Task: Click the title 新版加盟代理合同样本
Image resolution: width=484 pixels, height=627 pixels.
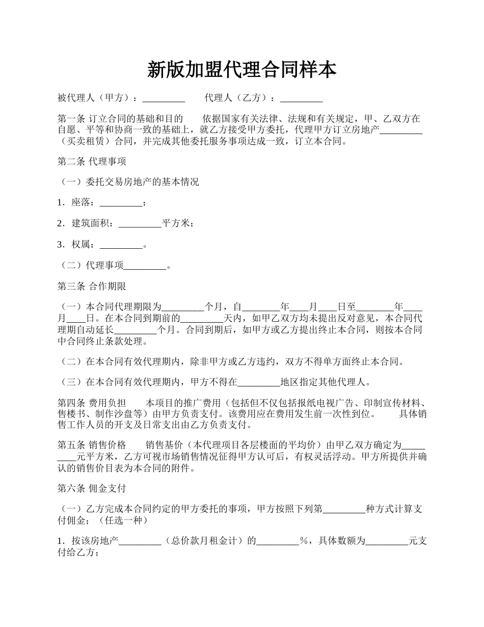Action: pyautogui.click(x=241, y=70)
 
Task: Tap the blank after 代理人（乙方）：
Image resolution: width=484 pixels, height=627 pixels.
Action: pyautogui.click(x=301, y=98)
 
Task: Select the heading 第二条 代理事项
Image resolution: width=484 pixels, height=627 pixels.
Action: pyautogui.click(x=92, y=162)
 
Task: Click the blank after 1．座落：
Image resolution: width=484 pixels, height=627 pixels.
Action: pyautogui.click(x=121, y=203)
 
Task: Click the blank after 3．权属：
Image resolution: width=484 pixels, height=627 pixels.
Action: pyautogui.click(x=121, y=245)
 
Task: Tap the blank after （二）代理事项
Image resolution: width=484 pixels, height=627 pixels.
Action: pyautogui.click(x=145, y=266)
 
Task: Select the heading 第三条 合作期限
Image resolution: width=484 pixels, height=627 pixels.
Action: pyautogui.click(x=92, y=286)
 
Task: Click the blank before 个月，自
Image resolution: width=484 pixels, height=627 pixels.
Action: pyautogui.click(x=182, y=307)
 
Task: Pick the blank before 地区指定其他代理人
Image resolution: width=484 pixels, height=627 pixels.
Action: pyautogui.click(x=259, y=381)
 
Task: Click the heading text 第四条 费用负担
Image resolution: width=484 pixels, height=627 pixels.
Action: pyautogui.click(x=92, y=403)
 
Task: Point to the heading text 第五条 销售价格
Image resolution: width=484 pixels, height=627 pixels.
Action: pyautogui.click(x=92, y=445)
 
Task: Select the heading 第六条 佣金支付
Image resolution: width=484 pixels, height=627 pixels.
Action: pyautogui.click(x=92, y=488)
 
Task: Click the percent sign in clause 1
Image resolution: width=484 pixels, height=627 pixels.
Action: pyautogui.click(x=305, y=541)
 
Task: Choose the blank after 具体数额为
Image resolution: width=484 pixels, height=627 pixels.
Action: pyautogui.click(x=387, y=541)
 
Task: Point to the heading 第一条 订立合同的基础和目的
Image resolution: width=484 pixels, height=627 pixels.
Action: pyautogui.click(x=120, y=119)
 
